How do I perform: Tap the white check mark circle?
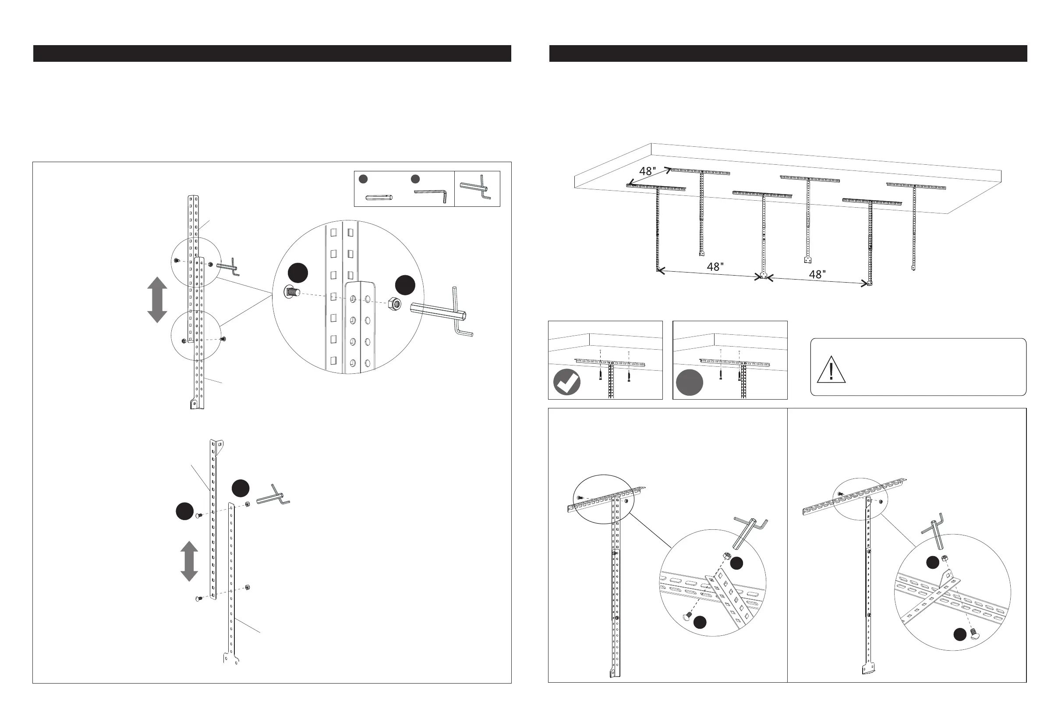tap(567, 383)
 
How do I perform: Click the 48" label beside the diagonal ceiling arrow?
tap(648, 171)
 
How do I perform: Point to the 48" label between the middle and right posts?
tap(817, 275)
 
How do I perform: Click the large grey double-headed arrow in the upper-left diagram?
tap(157, 300)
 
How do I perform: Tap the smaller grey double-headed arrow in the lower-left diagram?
tap(189, 561)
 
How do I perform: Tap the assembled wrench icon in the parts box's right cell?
tap(476, 188)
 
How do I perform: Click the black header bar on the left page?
tap(272, 53)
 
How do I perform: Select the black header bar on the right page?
tap(788, 53)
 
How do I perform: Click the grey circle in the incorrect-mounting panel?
tap(689, 383)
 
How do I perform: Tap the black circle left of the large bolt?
tap(298, 273)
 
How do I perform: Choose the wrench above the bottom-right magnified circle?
tap(933, 528)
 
